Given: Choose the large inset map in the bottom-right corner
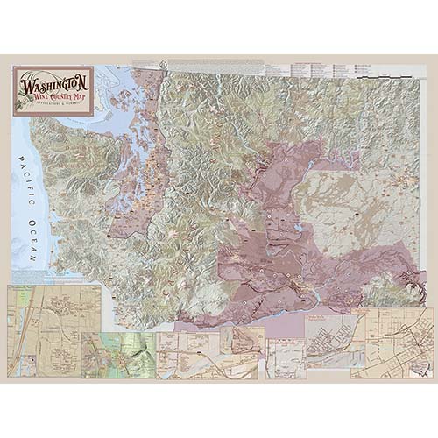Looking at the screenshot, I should click(x=391, y=342).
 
